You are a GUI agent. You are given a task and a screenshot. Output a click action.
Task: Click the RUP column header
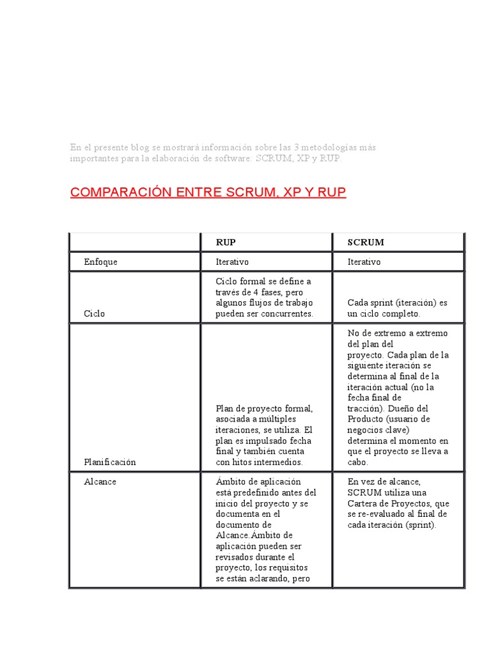(x=226, y=242)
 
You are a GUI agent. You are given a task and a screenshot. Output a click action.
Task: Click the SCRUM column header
(x=366, y=242)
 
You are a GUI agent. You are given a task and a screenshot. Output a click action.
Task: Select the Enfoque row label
(x=100, y=262)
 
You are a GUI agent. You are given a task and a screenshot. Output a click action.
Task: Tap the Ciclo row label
(x=94, y=314)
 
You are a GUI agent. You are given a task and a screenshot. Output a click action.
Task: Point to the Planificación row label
(x=110, y=462)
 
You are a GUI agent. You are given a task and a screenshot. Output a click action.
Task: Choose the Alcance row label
(x=100, y=482)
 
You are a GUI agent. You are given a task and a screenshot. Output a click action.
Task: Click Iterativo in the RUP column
(x=232, y=262)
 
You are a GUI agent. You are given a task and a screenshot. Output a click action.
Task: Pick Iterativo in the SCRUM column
(x=364, y=262)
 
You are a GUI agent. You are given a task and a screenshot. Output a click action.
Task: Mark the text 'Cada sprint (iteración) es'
(x=398, y=303)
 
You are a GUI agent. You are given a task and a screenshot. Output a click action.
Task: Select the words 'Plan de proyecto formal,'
(x=264, y=408)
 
